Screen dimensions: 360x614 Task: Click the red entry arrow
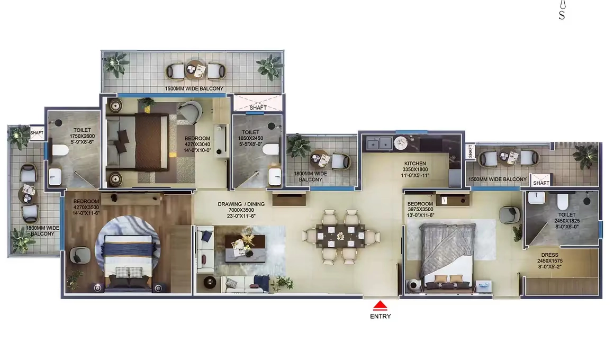381,305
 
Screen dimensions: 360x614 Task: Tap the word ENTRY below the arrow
381,317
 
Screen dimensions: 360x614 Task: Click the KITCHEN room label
414,164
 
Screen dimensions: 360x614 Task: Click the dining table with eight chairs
340,236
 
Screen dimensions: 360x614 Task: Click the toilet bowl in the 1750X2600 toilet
59,152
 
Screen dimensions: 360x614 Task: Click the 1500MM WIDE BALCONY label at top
194,88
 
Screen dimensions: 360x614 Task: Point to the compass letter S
562,15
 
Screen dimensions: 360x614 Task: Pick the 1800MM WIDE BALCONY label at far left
42,231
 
